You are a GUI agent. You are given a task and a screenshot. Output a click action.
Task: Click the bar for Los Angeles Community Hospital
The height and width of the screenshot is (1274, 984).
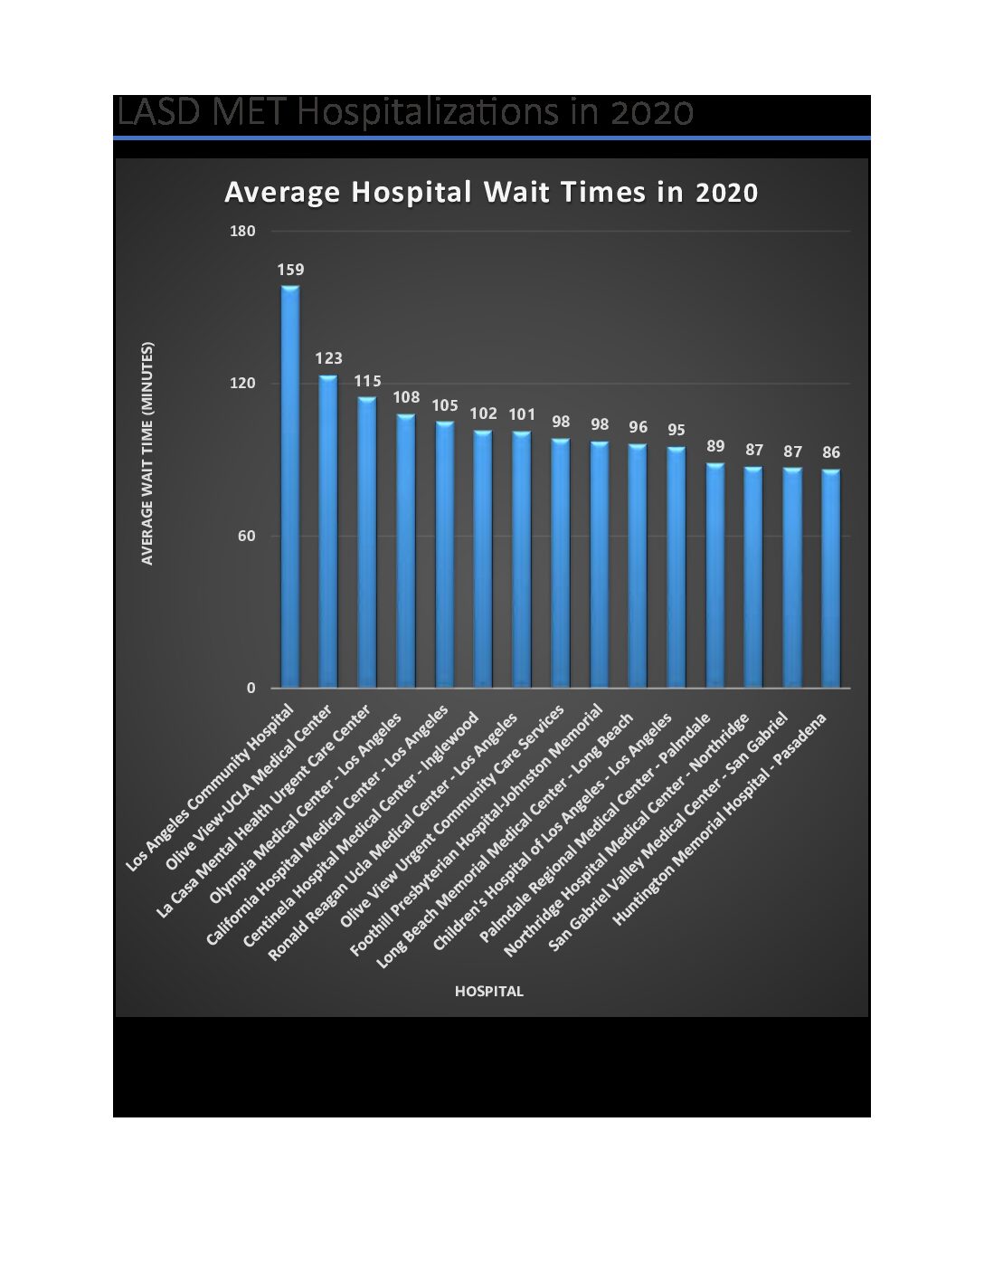(290, 487)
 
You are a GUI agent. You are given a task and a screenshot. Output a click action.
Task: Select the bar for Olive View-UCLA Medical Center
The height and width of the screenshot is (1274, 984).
(328, 531)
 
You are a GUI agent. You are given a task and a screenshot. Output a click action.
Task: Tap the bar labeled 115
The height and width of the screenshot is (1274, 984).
(367, 542)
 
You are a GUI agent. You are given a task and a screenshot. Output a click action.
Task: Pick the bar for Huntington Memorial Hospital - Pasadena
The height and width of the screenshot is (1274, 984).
(831, 578)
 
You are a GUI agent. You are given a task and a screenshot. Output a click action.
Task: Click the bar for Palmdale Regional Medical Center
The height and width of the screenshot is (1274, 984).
(715, 575)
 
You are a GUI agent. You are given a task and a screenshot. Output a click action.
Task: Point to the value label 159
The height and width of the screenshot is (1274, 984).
(290, 270)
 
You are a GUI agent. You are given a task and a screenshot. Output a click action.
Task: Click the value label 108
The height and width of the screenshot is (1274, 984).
(406, 397)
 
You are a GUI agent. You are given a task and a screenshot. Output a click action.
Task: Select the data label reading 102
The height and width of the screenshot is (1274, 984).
(484, 414)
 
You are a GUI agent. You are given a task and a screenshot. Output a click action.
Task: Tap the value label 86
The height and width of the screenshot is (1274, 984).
(831, 452)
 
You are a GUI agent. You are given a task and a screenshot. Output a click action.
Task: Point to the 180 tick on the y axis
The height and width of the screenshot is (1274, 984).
(243, 232)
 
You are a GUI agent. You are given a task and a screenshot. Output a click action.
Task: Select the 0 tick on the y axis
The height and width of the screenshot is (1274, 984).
(251, 689)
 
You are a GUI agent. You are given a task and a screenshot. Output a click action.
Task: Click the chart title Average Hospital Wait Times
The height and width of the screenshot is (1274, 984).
(491, 193)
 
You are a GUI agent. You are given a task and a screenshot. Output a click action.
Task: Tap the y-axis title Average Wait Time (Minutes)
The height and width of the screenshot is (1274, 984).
(148, 452)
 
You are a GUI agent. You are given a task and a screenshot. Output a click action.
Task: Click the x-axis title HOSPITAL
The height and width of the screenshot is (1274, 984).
(488, 991)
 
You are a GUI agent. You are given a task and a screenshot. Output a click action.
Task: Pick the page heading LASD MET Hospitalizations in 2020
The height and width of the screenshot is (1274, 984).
(404, 113)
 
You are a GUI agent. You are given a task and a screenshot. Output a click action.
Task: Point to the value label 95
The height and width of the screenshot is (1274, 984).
(676, 430)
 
